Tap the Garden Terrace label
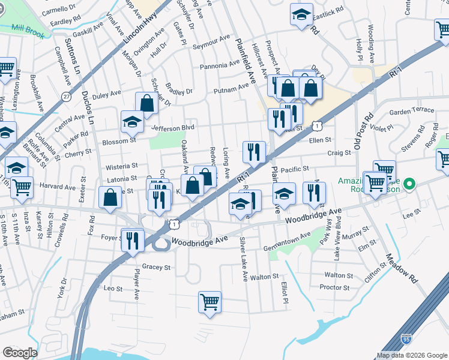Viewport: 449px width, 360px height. click(x=411, y=110)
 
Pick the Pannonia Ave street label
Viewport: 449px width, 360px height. click(x=220, y=65)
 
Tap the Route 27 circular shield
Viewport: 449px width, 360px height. click(x=66, y=96)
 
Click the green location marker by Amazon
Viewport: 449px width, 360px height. click(x=410, y=184)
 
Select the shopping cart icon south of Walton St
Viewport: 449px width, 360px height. click(x=209, y=302)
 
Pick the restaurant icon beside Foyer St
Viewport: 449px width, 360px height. click(x=133, y=240)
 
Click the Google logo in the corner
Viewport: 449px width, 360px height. click(x=20, y=353)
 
